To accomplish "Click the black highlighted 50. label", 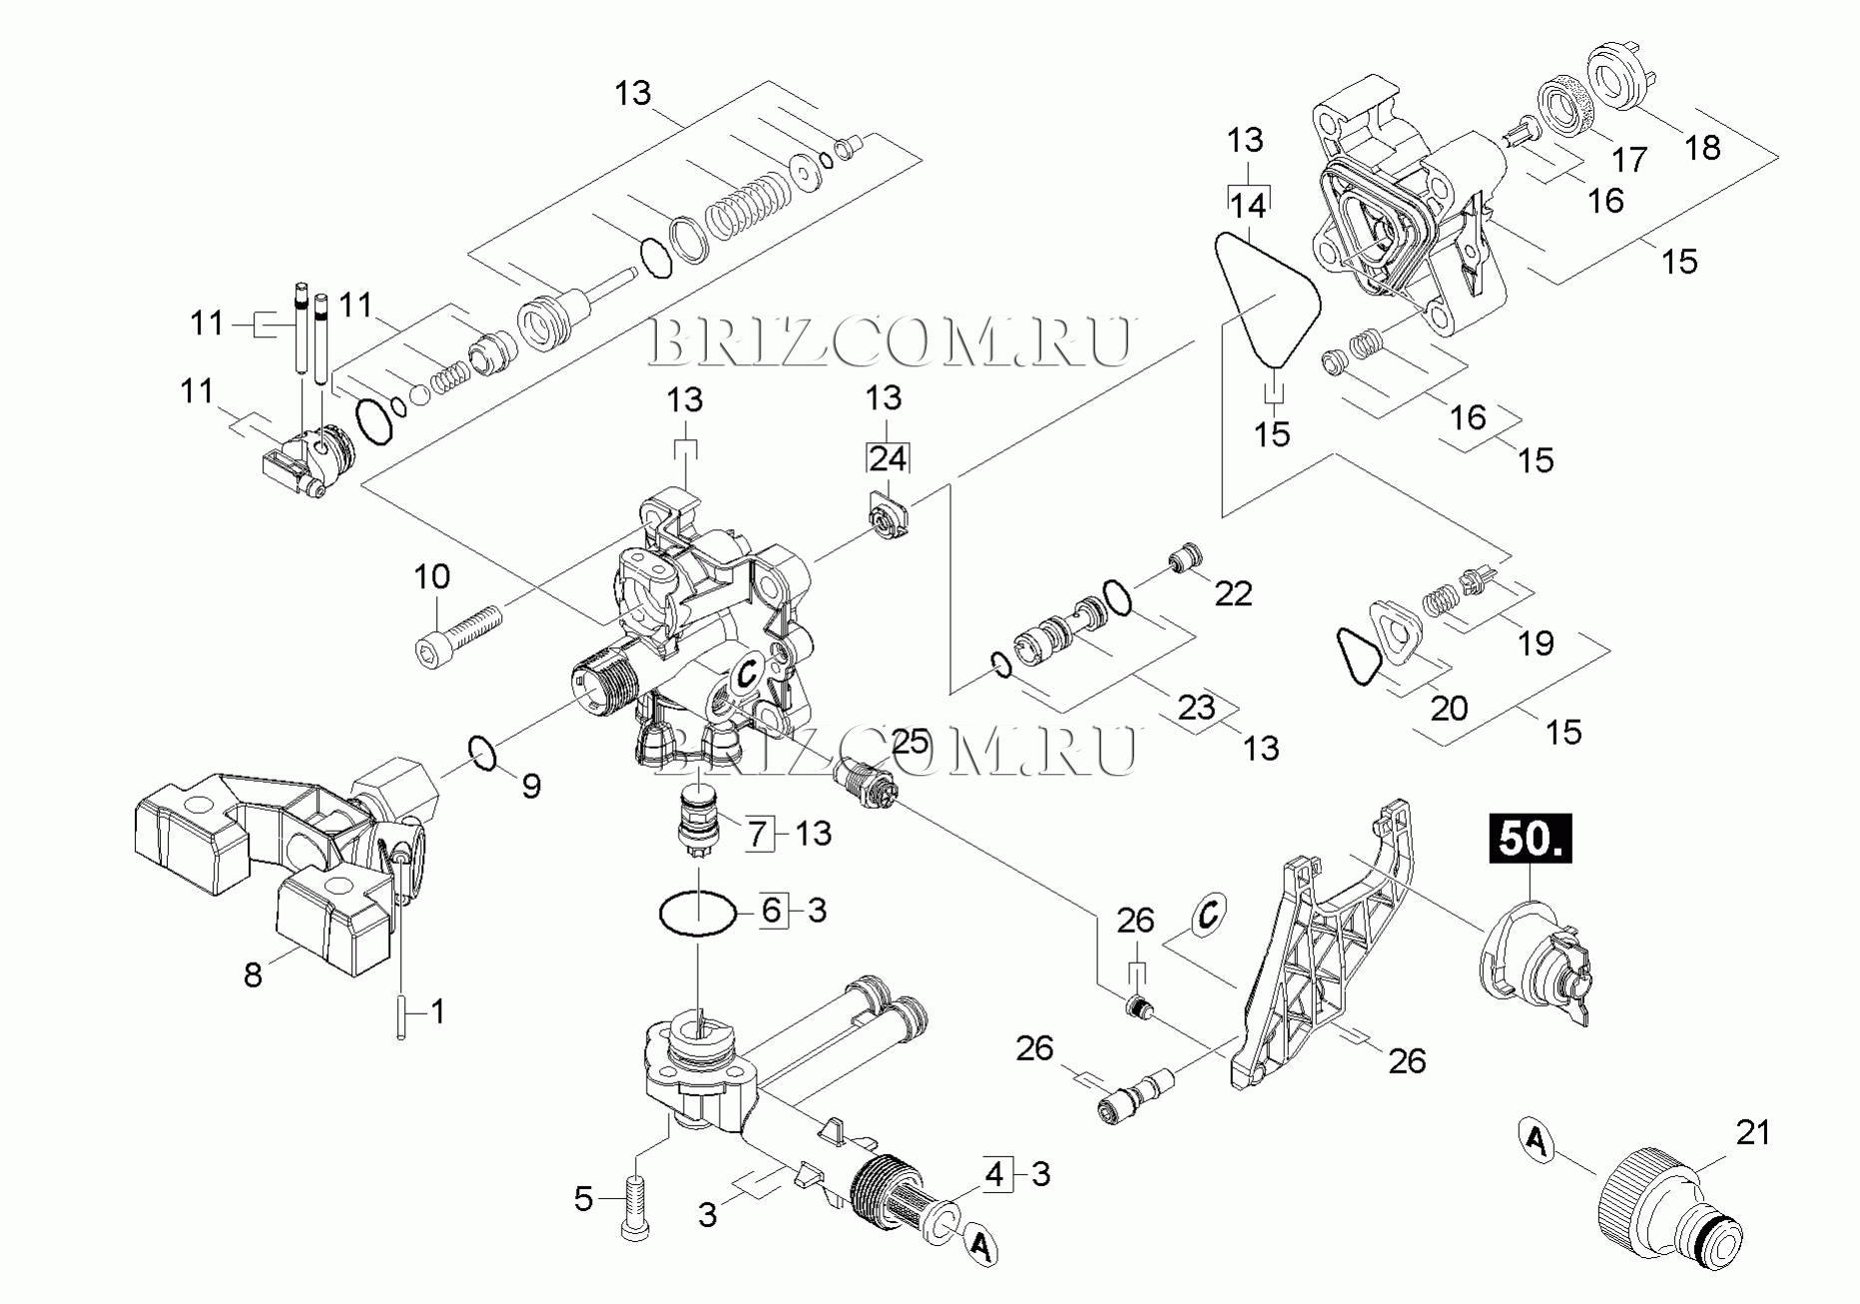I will (x=1530, y=840).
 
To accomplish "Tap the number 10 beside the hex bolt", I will (x=432, y=576).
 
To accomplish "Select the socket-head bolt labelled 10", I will (x=457, y=636).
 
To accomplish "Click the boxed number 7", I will (x=759, y=833).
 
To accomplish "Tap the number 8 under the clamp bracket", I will (x=253, y=975).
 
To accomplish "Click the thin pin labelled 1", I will (x=400, y=1018).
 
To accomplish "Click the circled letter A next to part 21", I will (x=1539, y=1140).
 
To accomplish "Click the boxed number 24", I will (x=887, y=459).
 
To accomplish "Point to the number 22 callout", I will (x=1233, y=594).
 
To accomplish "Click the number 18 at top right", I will (x=1702, y=148).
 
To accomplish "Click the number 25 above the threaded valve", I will (x=910, y=742).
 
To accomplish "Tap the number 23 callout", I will (x=1196, y=707).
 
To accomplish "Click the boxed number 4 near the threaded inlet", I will (x=993, y=1174).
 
